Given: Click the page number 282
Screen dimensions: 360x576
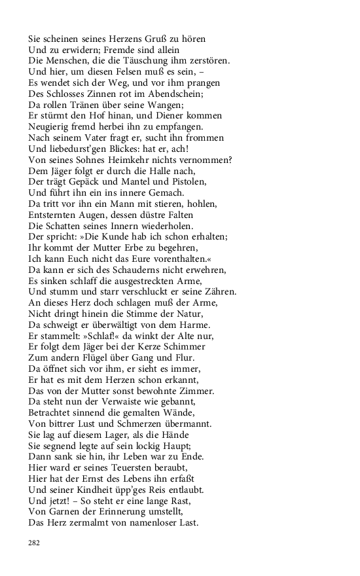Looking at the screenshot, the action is point(35,543).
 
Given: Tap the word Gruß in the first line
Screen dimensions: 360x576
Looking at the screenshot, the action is point(139,39).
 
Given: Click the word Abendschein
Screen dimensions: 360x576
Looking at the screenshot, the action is point(176,94).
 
